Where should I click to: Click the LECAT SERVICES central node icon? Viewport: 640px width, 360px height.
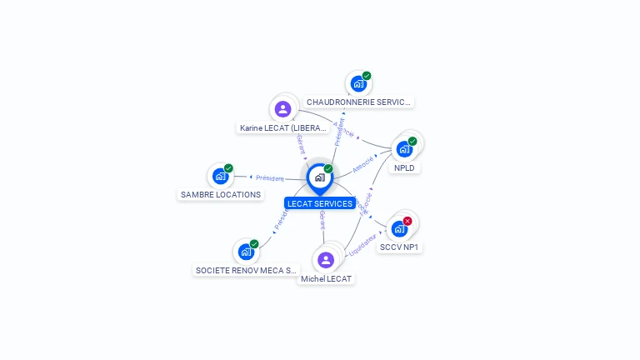[x=319, y=177]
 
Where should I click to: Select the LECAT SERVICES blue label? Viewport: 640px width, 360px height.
[x=320, y=203]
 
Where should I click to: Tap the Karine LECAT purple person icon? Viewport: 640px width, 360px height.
[x=283, y=108]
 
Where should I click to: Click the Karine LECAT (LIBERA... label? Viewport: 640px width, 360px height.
[x=283, y=128]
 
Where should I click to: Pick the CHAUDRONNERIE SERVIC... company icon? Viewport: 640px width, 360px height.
[x=358, y=84]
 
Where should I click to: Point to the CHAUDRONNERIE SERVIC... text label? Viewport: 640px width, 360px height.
[x=358, y=102]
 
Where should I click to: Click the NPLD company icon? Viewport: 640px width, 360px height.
[x=404, y=149]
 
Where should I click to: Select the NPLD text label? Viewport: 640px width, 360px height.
[x=405, y=167]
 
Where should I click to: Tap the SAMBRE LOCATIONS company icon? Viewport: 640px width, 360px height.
[x=220, y=176]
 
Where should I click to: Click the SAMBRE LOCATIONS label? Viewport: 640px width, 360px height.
[x=221, y=195]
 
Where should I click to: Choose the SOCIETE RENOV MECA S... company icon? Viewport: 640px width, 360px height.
[x=246, y=251]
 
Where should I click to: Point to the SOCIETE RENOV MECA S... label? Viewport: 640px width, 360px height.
[x=246, y=270]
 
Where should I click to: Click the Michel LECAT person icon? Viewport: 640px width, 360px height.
[x=326, y=259]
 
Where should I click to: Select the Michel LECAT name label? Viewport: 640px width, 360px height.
[x=327, y=278]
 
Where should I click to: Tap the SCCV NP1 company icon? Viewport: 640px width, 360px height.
[x=399, y=228]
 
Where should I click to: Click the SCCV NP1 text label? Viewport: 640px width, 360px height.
[x=400, y=247]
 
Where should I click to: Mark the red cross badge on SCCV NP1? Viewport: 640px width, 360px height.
[x=407, y=221]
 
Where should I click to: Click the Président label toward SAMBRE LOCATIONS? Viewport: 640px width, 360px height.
[x=269, y=177]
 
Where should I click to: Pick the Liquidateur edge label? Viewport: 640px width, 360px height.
[x=363, y=244]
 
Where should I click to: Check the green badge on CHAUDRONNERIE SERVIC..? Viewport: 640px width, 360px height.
[x=367, y=76]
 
